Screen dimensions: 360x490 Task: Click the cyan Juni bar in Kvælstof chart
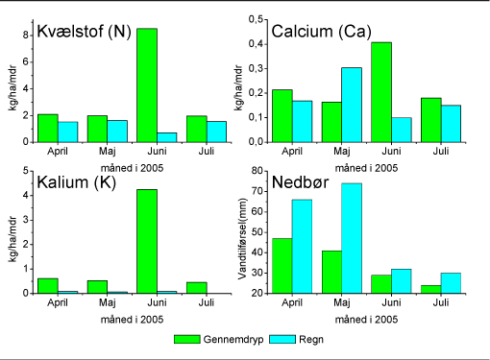[x=167, y=136]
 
